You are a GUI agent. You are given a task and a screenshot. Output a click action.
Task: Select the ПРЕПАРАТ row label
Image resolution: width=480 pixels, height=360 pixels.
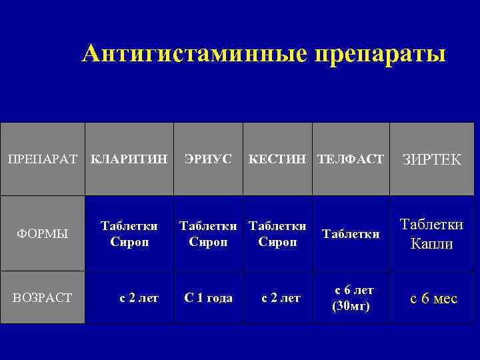click(x=42, y=159)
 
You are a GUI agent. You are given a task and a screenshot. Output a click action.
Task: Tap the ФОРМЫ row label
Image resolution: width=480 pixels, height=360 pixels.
click(x=42, y=233)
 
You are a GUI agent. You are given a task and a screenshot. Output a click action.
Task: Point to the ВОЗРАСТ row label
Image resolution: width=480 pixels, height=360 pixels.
click(x=42, y=298)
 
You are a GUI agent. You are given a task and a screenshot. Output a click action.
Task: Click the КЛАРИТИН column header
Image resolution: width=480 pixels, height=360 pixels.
click(x=129, y=159)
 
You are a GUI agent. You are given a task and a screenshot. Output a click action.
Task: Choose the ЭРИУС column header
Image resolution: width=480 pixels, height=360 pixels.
click(x=208, y=159)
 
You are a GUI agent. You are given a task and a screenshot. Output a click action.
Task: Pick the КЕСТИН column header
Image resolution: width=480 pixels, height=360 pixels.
click(x=277, y=159)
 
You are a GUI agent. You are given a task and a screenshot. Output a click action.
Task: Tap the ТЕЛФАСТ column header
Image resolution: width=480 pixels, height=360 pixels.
click(x=351, y=159)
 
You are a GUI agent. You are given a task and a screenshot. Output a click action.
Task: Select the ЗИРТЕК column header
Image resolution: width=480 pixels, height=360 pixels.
click(x=432, y=160)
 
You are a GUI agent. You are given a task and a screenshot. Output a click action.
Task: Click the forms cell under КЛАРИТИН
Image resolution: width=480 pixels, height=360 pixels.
click(x=129, y=233)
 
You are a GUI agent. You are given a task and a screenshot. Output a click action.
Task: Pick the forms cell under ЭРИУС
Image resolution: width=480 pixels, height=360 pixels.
click(x=208, y=233)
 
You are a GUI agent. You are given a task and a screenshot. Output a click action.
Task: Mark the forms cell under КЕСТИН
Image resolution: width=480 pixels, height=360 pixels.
click(x=277, y=233)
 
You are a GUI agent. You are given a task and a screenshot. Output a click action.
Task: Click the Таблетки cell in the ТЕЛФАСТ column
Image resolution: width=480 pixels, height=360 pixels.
click(x=351, y=233)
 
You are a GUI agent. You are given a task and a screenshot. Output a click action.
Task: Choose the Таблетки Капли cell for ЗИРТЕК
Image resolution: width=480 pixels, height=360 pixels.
click(x=432, y=234)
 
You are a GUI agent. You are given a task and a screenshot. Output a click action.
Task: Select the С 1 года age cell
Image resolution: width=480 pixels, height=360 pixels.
click(x=208, y=298)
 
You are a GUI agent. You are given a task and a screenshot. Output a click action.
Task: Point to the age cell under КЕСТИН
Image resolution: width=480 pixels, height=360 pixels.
click(x=280, y=298)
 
